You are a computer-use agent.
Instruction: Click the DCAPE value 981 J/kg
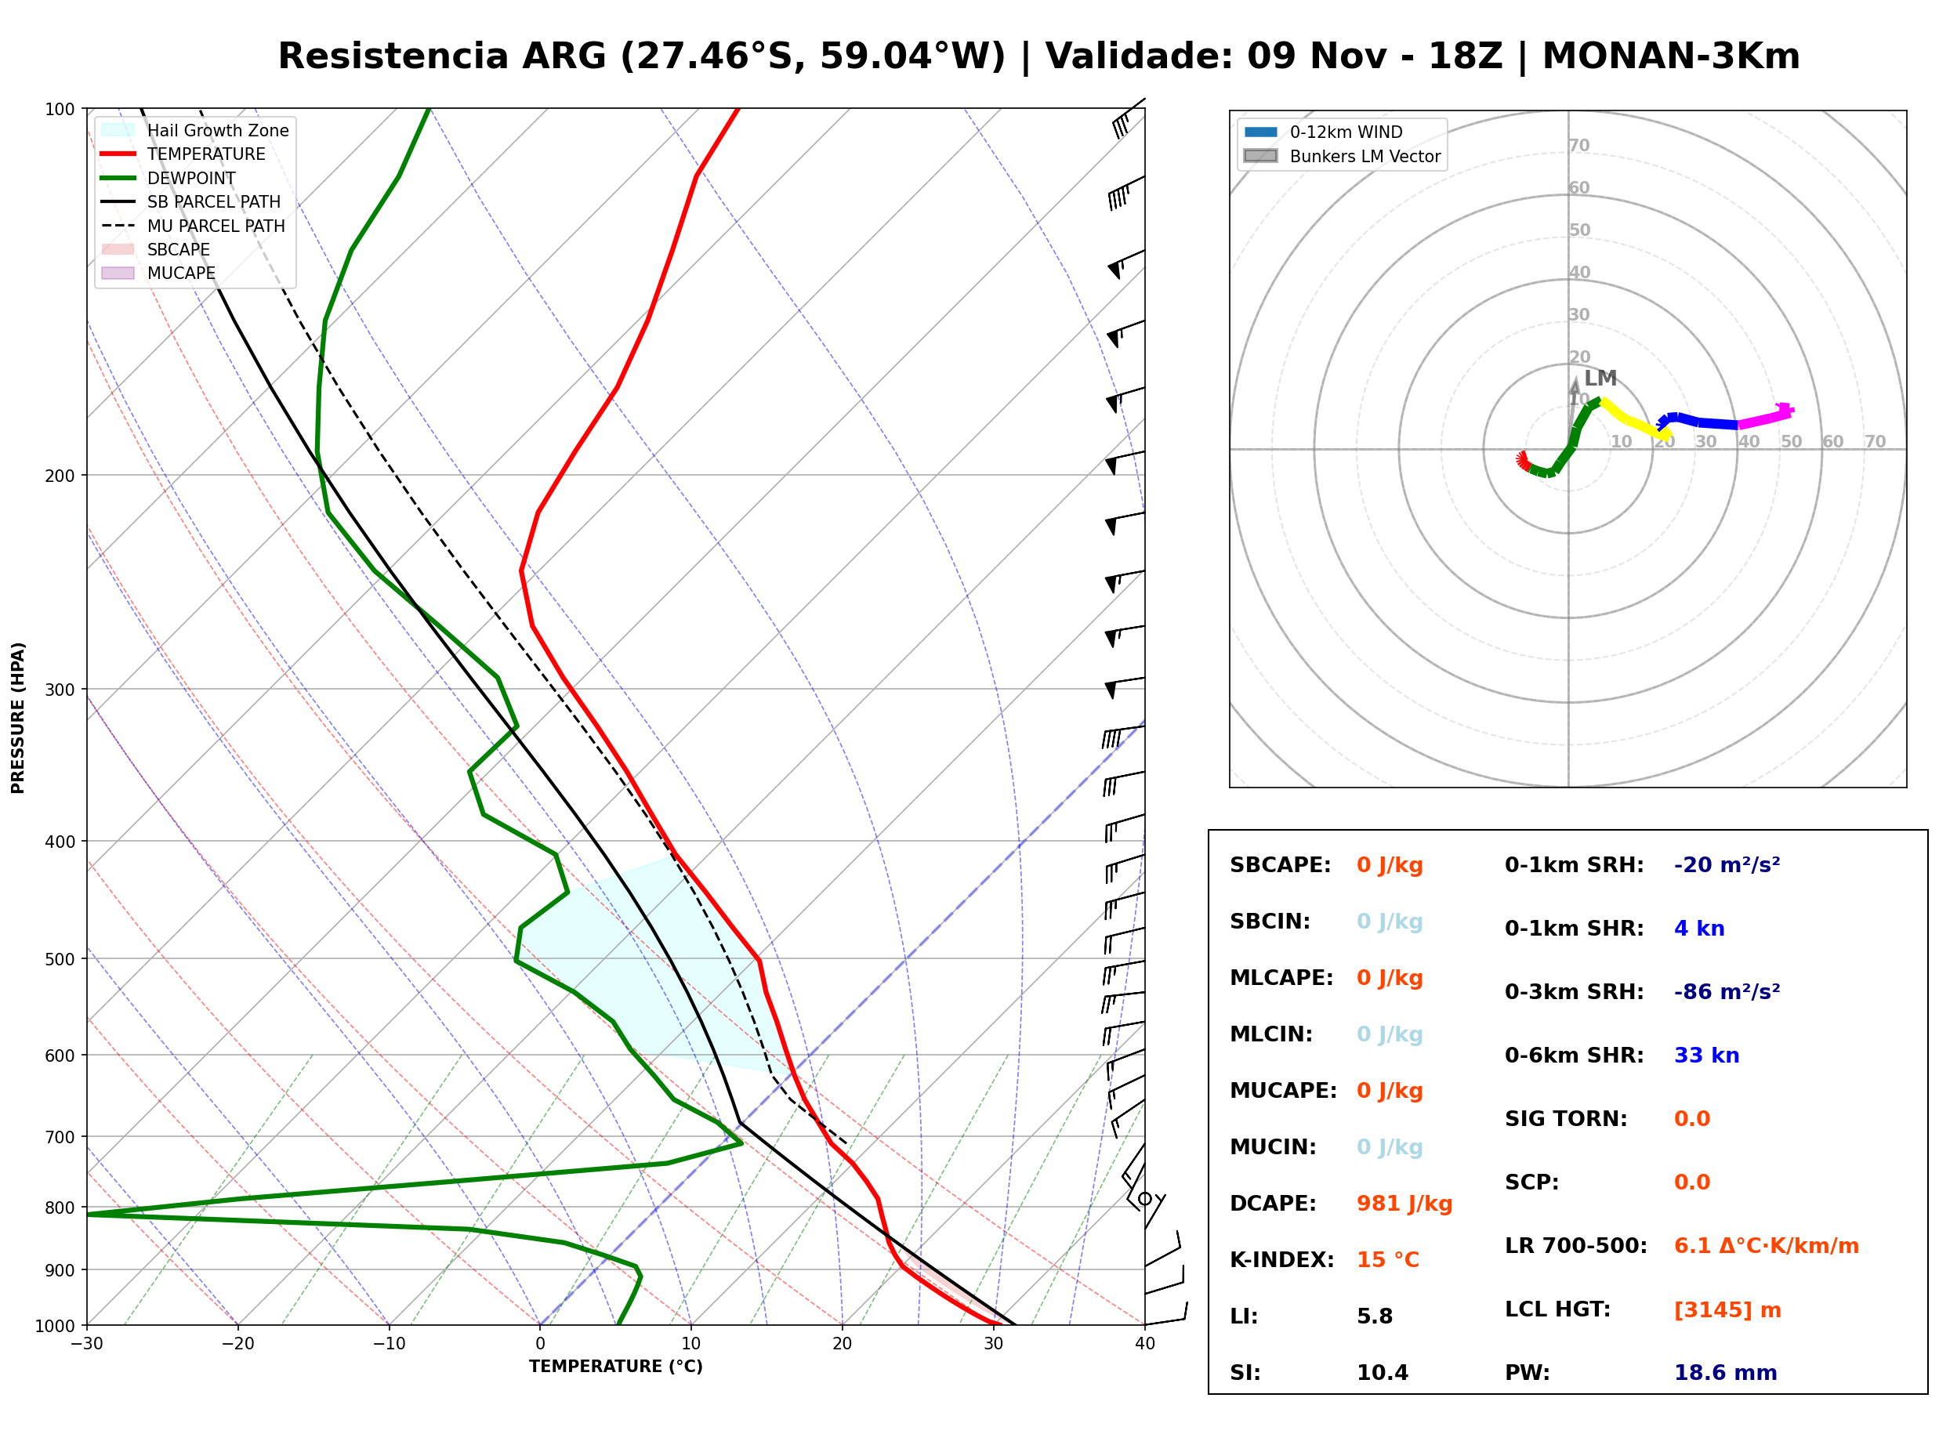tap(1404, 1203)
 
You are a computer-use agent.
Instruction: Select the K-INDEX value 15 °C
tap(1387, 1259)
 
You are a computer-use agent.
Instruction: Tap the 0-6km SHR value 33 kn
tap(1705, 1056)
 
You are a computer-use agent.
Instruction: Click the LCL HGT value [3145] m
tap(1727, 1310)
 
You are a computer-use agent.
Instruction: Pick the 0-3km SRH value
tap(1727, 991)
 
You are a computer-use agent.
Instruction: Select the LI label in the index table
tap(1243, 1316)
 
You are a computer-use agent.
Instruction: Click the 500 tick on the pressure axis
tap(59, 959)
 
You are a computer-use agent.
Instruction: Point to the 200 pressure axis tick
tap(59, 476)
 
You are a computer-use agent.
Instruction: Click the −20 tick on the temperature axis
tap(237, 1344)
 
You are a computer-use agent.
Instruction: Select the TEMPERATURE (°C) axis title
tap(615, 1367)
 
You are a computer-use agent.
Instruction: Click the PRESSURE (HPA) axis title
tap(18, 717)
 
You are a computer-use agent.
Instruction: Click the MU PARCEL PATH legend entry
tap(193, 226)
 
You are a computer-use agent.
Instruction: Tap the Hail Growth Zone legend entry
tap(195, 130)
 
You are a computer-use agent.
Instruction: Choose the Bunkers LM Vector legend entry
tap(1342, 156)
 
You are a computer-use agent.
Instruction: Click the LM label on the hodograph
tap(1600, 378)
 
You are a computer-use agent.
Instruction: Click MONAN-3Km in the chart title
tap(1671, 56)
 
